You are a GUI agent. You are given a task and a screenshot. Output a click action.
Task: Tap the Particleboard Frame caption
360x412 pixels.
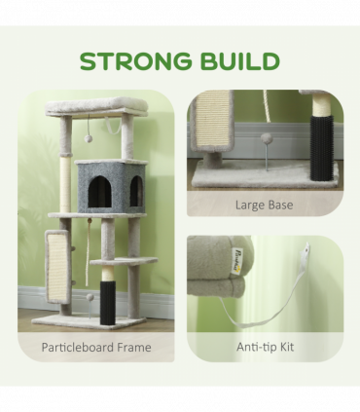(96, 347)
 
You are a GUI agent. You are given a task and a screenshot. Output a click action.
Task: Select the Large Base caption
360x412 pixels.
(264, 205)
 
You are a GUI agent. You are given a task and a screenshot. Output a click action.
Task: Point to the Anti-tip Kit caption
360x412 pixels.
(265, 347)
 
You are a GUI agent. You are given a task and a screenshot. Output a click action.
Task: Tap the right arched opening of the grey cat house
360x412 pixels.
(136, 192)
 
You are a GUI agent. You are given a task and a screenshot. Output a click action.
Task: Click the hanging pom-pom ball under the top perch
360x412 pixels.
(88, 138)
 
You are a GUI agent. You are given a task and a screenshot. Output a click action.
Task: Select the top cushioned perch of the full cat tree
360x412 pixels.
(96, 106)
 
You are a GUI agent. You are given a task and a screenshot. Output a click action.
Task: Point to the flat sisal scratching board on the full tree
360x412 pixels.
(57, 267)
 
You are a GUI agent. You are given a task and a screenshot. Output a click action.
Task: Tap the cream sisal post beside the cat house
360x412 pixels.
(65, 184)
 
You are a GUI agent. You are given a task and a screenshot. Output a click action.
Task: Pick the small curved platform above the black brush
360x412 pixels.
(124, 261)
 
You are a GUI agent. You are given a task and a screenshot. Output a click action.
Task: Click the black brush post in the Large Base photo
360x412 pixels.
(321, 148)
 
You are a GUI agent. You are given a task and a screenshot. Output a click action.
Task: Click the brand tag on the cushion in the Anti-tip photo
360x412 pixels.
(234, 263)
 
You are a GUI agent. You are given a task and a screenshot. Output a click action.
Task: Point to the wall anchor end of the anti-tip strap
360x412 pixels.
(306, 249)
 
